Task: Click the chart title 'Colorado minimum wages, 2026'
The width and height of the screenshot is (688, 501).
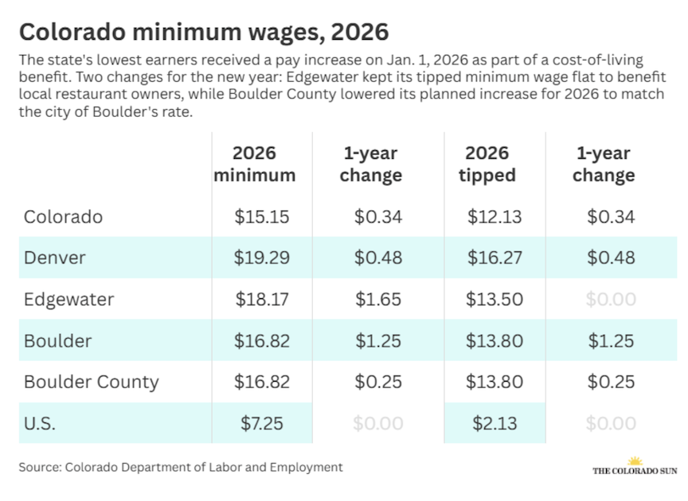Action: [x=203, y=32]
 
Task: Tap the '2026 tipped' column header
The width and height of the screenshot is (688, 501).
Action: [x=487, y=164]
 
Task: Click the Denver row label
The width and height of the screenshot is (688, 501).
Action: [x=55, y=258]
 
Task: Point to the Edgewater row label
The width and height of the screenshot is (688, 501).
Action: [x=69, y=299]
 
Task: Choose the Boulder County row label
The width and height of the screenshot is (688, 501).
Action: [x=92, y=382]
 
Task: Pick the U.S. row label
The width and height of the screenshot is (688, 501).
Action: [x=40, y=423]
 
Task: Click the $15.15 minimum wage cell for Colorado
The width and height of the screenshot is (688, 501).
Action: [x=262, y=216]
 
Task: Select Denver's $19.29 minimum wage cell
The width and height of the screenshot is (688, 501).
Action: [x=262, y=258]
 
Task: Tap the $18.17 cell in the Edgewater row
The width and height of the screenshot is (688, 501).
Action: [x=262, y=299]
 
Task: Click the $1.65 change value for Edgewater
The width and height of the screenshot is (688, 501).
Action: [x=378, y=299]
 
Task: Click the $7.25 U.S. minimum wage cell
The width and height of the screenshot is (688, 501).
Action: [x=262, y=423]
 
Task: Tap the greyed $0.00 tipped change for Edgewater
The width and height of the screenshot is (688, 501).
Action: [x=611, y=299]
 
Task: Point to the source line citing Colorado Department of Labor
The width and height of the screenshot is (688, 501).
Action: [x=181, y=468]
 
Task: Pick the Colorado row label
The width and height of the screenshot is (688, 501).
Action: [x=63, y=216]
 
